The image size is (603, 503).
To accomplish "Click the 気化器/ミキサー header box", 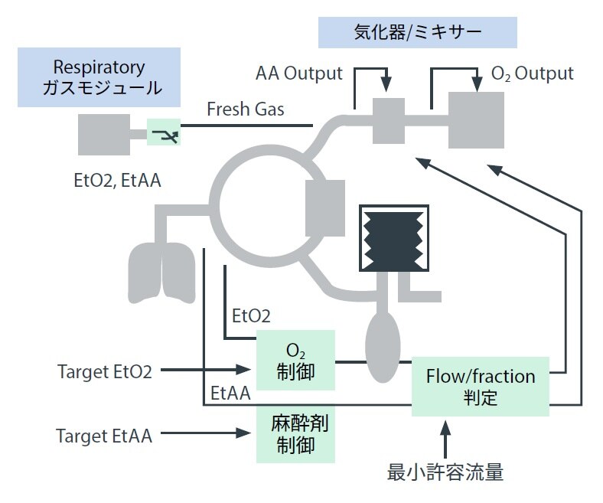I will (417, 32).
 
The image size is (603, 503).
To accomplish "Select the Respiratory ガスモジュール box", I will (99, 77).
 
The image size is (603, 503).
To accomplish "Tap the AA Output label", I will (298, 74).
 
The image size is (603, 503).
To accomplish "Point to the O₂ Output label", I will (532, 73).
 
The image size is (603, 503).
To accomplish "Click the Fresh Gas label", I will (245, 109).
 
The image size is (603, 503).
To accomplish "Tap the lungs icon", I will (161, 273).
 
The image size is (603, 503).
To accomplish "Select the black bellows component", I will (391, 237).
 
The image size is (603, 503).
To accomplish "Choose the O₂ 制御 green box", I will (295, 361).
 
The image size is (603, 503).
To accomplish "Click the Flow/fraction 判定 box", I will (480, 387).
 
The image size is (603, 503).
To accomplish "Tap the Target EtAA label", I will (104, 436).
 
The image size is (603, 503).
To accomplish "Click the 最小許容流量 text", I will (445, 472).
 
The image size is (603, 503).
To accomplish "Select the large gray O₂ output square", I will (476, 119).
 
